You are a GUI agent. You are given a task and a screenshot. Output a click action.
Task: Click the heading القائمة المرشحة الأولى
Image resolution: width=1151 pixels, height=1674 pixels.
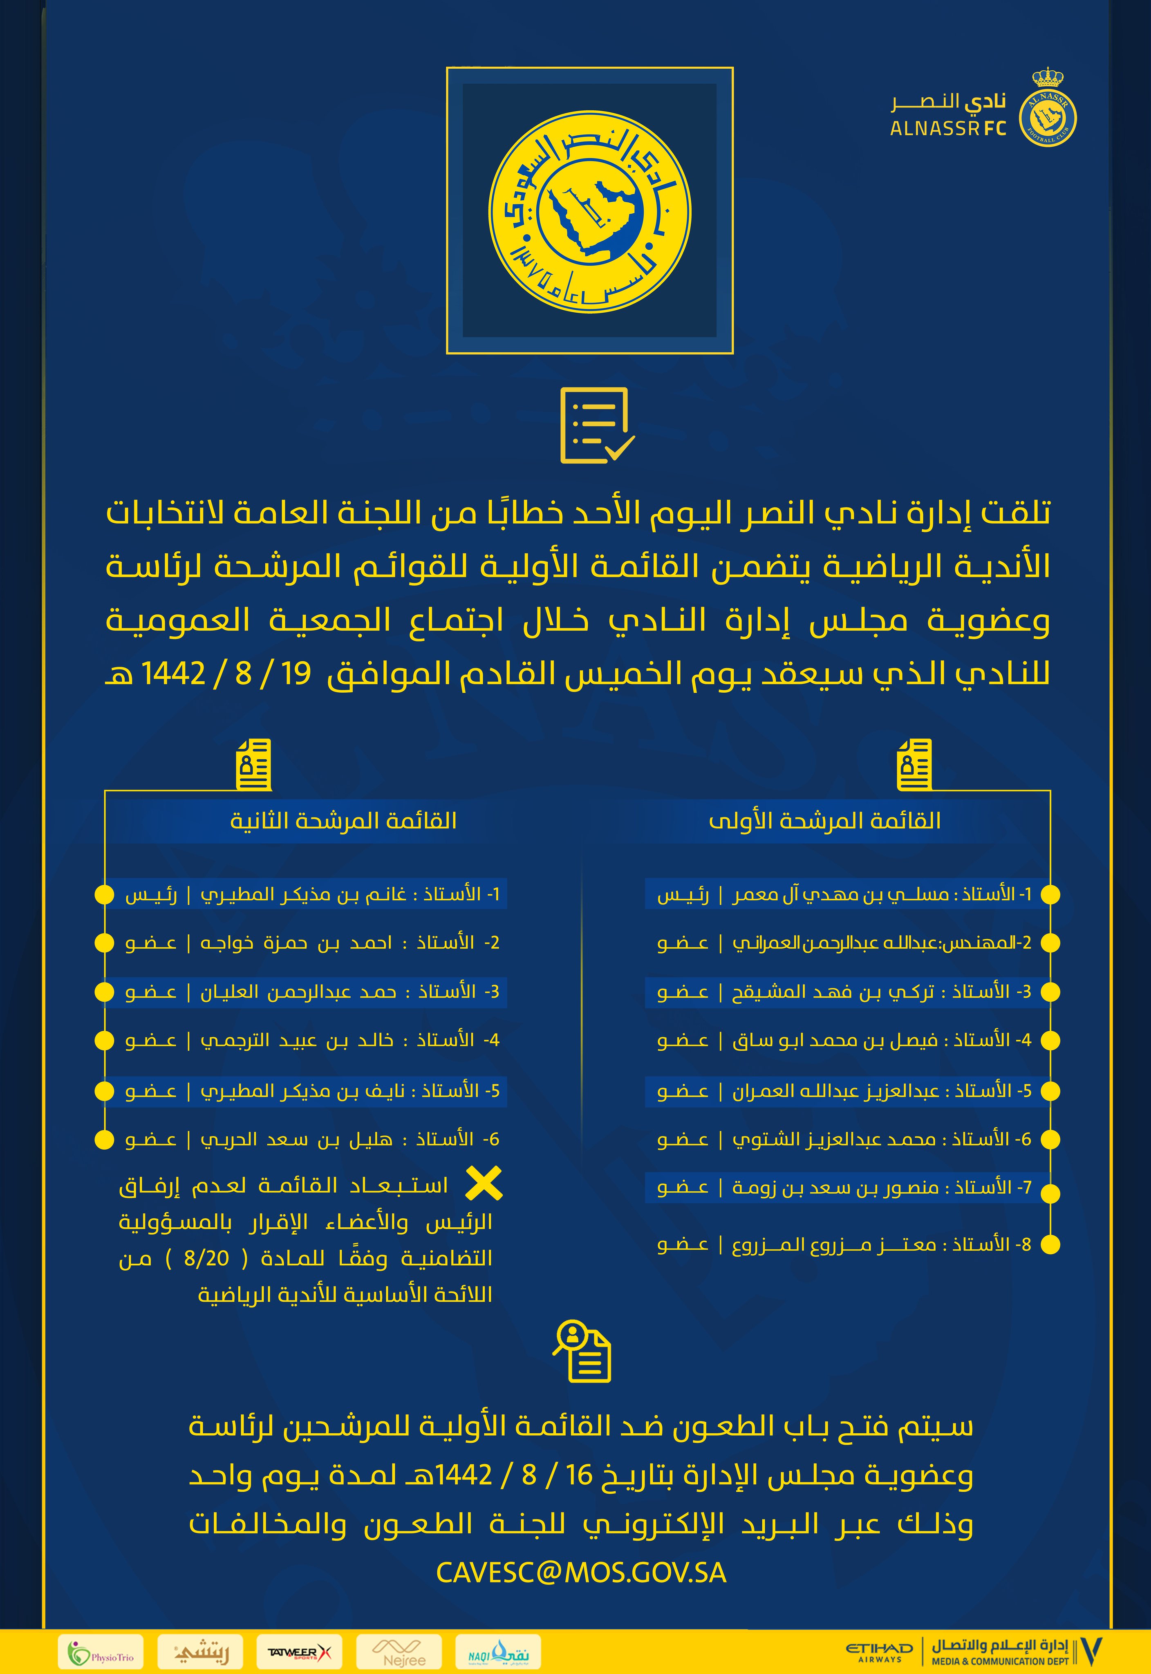point(824,820)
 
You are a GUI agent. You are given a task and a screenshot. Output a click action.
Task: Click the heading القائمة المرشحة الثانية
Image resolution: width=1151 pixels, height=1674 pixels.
point(343,820)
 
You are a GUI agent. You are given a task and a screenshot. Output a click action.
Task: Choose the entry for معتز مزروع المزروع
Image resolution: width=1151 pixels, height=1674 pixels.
point(844,1244)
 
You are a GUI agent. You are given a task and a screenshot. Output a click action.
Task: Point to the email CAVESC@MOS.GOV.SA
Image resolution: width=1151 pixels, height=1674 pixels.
point(581,1572)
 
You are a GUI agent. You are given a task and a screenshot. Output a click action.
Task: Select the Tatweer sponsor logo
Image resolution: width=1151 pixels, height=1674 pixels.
point(298,1652)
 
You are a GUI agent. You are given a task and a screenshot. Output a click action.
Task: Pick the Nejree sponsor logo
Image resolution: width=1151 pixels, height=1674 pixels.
point(404,1652)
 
